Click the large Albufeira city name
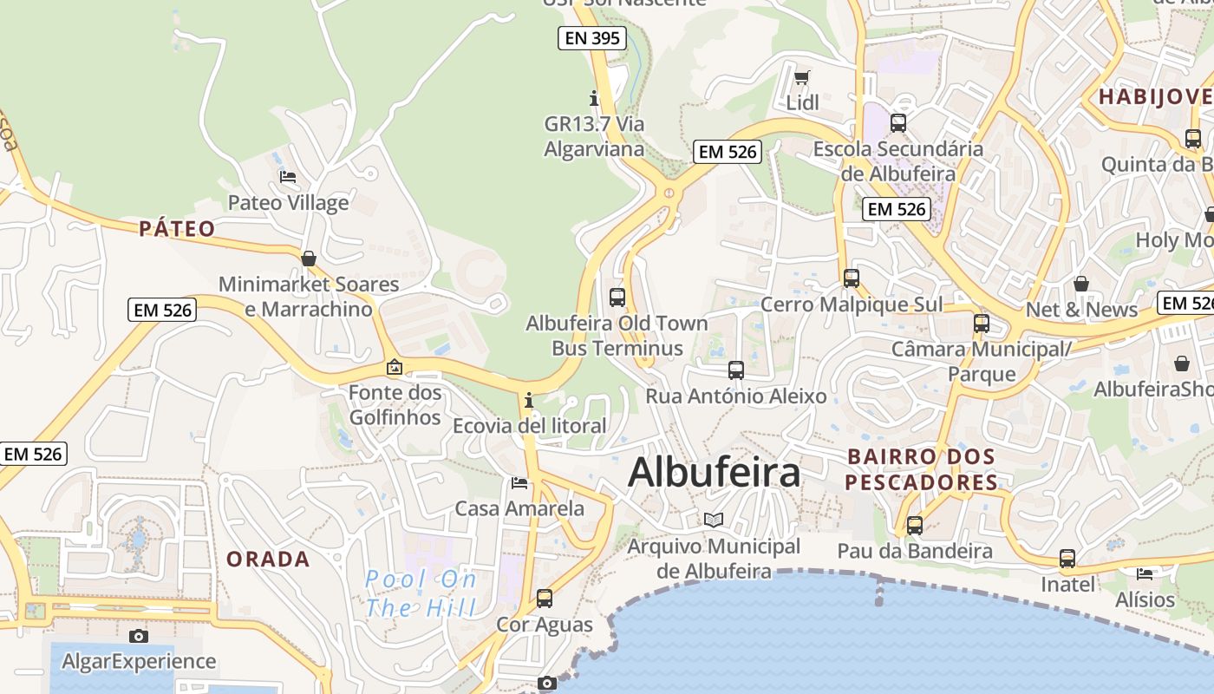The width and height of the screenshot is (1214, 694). point(714,473)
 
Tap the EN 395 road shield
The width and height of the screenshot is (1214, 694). point(592,37)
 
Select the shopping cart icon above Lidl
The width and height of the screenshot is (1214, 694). point(801,78)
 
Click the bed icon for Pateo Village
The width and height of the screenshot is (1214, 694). point(288,177)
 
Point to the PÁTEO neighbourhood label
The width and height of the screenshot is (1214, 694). point(177,229)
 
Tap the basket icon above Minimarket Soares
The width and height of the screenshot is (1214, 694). point(308,259)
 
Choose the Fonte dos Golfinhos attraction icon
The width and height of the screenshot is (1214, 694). point(395,367)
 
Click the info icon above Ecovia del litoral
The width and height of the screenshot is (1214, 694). point(529,401)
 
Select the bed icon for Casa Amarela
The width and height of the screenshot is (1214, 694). point(519,482)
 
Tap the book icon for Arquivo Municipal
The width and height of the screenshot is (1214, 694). point(714,520)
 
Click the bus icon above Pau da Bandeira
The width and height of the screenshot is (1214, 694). point(915,525)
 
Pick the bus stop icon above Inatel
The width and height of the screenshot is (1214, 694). point(1067,559)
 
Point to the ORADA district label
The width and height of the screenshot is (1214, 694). point(268,560)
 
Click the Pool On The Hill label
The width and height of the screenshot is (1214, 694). point(421,593)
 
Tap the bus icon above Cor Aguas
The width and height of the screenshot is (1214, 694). point(545,598)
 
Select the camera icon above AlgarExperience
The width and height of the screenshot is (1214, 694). point(138,636)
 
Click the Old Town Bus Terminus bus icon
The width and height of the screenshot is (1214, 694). point(617,298)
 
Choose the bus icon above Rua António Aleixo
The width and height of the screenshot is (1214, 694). point(736,370)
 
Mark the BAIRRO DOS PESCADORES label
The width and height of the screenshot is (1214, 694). point(921,469)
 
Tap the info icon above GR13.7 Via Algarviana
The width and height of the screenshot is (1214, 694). point(594,98)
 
